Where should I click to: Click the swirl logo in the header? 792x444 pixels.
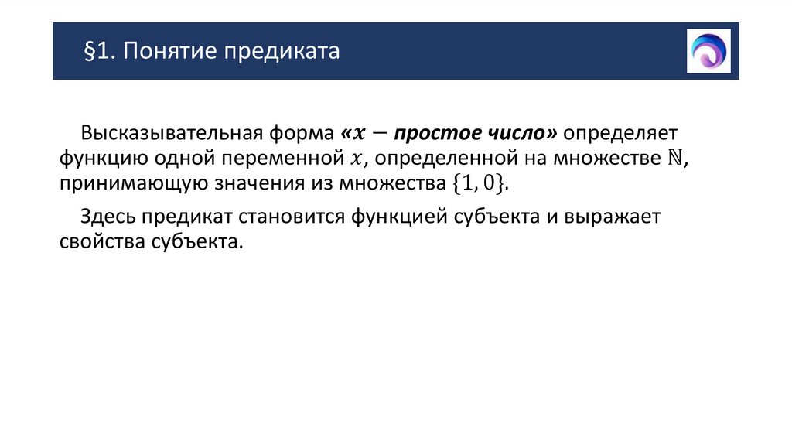tap(708, 51)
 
